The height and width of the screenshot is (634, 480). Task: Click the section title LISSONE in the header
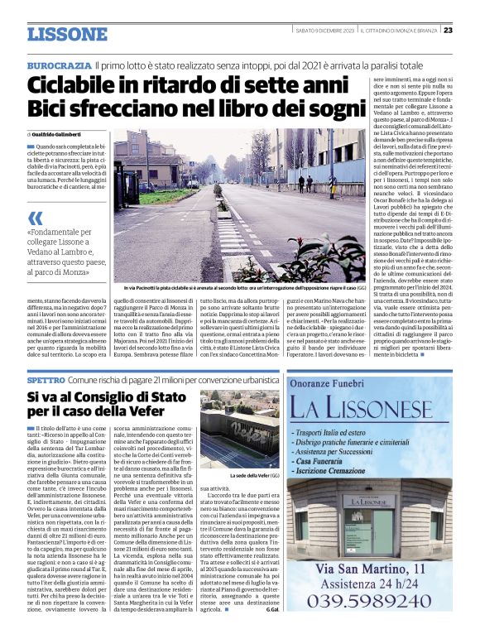67,35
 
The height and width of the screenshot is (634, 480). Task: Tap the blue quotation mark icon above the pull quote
35,218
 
